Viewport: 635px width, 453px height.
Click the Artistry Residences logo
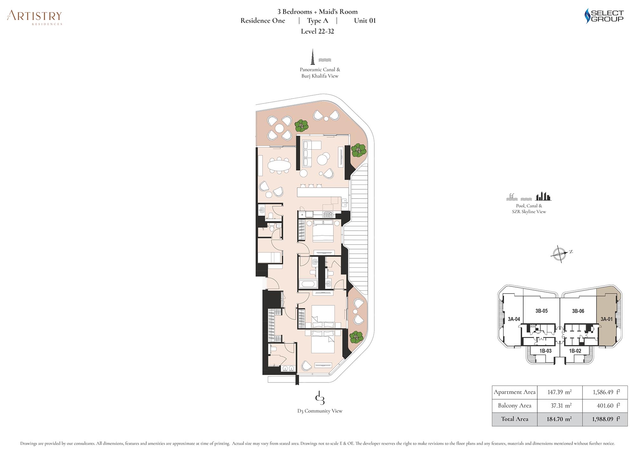(x=35, y=17)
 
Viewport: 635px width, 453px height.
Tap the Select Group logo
(x=604, y=16)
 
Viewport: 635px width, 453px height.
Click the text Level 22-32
(x=317, y=31)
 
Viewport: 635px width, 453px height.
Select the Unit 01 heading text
(x=365, y=21)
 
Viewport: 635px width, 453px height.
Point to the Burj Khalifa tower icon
(x=313, y=57)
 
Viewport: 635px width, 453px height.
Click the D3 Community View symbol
(x=320, y=398)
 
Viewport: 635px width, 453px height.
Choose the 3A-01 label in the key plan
(x=606, y=319)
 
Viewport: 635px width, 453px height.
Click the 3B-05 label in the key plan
(x=541, y=311)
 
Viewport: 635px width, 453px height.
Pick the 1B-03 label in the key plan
(x=545, y=351)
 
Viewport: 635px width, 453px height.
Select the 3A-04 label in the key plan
(x=514, y=319)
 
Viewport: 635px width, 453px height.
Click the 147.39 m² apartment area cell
(x=559, y=392)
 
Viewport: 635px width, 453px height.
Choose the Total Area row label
(x=515, y=419)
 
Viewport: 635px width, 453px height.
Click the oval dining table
(x=279, y=165)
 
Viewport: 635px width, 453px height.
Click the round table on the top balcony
(x=279, y=128)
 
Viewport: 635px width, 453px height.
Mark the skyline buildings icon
(x=544, y=196)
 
